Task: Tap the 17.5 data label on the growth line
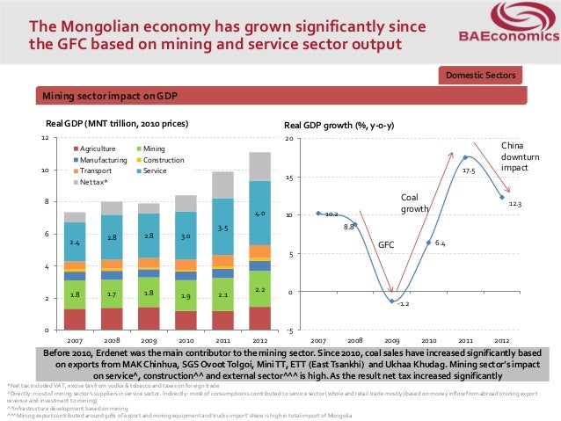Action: tap(469, 171)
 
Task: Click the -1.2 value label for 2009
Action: tap(401, 304)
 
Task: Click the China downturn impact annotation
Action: tap(514, 156)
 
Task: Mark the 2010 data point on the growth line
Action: tap(428, 243)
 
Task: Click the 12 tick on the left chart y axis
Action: tap(44, 139)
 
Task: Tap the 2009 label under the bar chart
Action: tap(149, 339)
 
